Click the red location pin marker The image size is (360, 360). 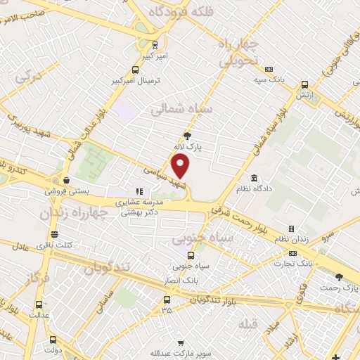pos(181,166)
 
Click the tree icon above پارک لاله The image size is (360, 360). pos(187,136)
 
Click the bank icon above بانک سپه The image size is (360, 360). pos(269,69)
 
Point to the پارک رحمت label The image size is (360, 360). pos(340,288)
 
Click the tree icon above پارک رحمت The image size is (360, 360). pos(340,278)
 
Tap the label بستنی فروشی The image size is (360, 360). pos(65,191)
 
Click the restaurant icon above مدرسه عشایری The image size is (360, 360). pos(139,191)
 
